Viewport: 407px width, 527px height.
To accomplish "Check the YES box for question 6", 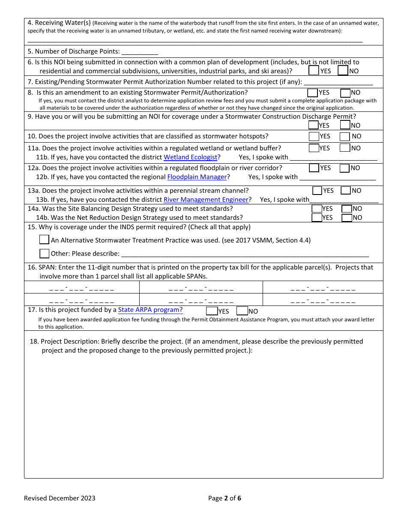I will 314,71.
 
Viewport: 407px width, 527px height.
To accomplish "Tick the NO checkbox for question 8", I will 345,93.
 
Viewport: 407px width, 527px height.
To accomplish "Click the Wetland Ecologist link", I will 191,157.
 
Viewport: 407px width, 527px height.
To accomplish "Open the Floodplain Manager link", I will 197,177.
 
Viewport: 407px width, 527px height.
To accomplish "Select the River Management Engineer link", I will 206,200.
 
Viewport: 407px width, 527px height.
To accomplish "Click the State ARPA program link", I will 150,310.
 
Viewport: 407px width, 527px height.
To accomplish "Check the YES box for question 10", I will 314,137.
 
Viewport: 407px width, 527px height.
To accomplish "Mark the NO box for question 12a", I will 345,168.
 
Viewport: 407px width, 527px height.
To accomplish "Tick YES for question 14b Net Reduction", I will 317,218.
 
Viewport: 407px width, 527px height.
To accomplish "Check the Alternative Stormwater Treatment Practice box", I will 44,240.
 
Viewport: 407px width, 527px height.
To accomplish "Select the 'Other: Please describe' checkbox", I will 44,253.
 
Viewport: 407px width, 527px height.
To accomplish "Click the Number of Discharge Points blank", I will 140,52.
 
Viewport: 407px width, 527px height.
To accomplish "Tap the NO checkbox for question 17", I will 242,311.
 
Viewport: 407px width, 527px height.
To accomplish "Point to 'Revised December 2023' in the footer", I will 60,498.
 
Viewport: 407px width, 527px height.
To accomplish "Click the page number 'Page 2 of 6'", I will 224,498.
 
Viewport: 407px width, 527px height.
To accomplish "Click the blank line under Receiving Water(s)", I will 195,40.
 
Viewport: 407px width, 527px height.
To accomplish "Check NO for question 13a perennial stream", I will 346,191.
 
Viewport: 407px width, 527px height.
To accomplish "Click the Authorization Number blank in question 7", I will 338,82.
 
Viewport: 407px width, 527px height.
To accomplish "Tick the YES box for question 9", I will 314,125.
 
